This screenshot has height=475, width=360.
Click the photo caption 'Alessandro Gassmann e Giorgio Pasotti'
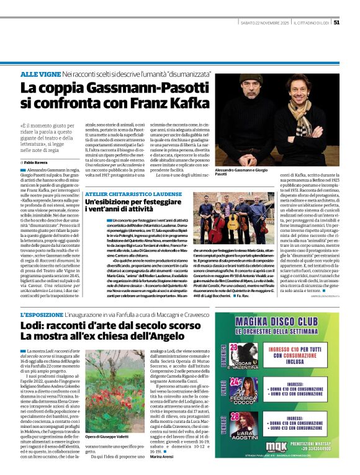(x=244, y=172)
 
